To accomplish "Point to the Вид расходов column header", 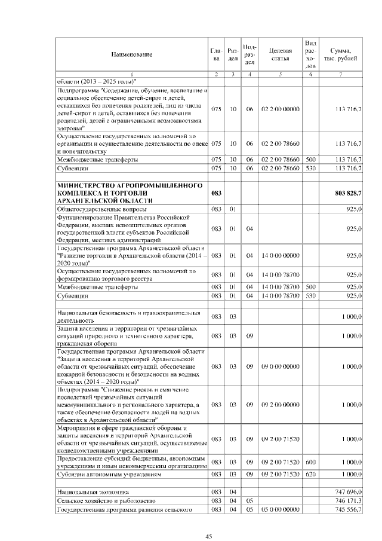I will pyautogui.click(x=310, y=54).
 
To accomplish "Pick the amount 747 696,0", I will pyautogui.click(x=348, y=491).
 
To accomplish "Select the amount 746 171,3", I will pyautogui.click(x=348, y=500).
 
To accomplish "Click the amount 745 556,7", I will pyautogui.click(x=348, y=509).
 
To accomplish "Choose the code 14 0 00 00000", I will pyautogui.click(x=280, y=256).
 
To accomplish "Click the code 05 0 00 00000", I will pyautogui.click(x=280, y=509).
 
